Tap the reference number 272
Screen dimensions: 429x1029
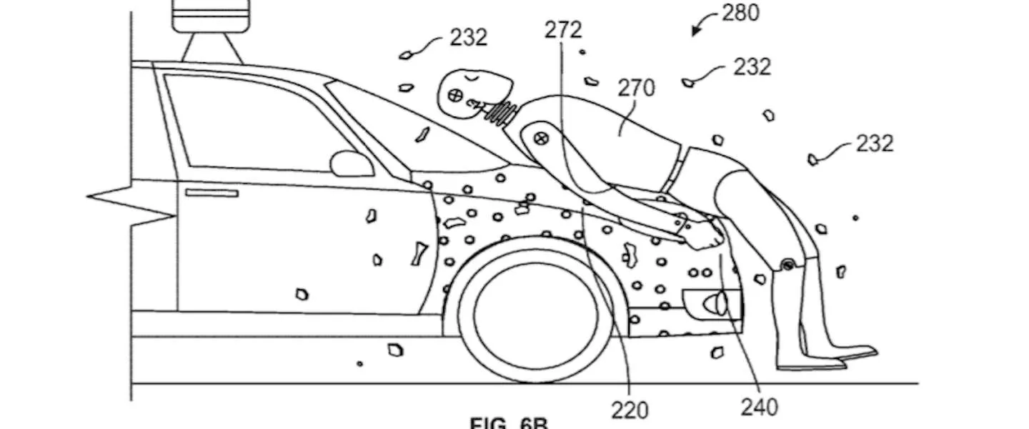pos(563,30)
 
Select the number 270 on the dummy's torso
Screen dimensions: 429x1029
pos(635,88)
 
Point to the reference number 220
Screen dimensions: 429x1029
pos(630,410)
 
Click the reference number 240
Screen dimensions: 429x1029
pos(759,408)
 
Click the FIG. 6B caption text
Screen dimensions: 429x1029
pos(509,423)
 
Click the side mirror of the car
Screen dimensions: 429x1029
pos(352,164)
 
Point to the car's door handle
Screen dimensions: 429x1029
pos(212,192)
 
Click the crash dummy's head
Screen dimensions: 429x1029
pos(475,89)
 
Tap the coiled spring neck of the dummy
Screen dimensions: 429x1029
pos(502,112)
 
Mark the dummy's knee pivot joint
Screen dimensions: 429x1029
pos(787,265)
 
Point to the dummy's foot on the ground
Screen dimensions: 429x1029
pos(850,354)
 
